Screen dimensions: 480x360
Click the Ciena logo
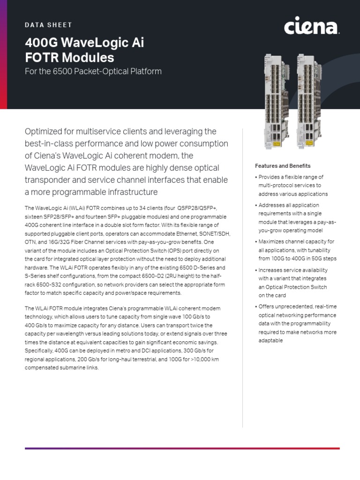311,27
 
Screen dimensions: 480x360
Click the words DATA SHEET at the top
48,24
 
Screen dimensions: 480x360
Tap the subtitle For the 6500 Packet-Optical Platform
93,71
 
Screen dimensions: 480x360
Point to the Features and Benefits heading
283,166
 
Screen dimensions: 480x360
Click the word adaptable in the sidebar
271,340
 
